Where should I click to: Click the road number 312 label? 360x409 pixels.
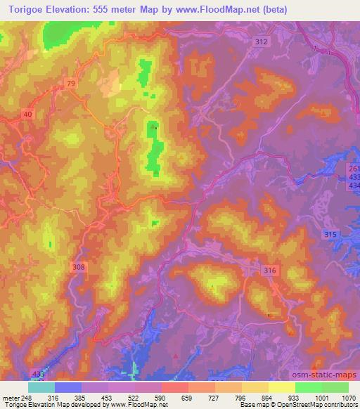coord(262,42)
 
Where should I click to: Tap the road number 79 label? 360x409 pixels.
coord(72,84)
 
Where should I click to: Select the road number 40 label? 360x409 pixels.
coord(27,114)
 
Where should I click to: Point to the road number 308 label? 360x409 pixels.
coord(78,267)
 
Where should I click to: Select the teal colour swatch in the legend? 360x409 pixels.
coord(41,387)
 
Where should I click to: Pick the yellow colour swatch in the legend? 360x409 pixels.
coord(281,387)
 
